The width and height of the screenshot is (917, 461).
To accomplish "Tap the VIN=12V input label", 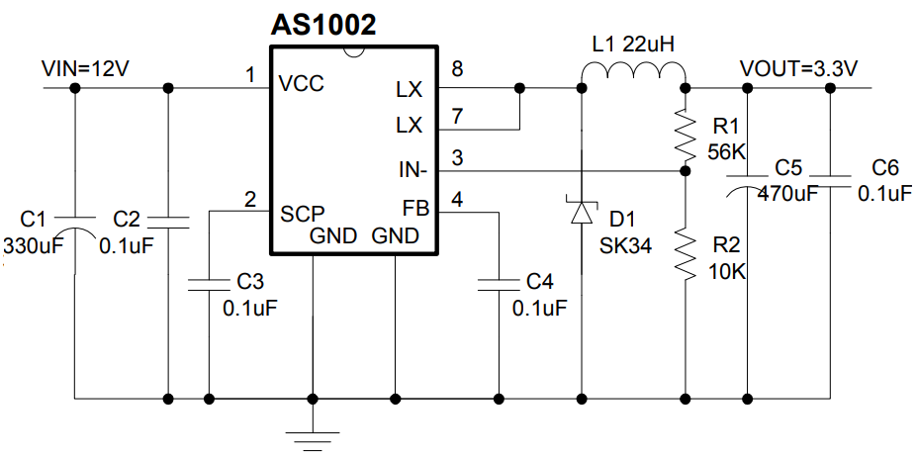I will pyautogui.click(x=86, y=69).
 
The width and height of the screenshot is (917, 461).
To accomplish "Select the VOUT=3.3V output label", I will pyautogui.click(x=798, y=69).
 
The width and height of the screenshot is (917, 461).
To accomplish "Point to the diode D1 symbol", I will pyautogui.click(x=582, y=210).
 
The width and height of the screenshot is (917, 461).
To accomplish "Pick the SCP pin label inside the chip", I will pyautogui.click(x=302, y=213).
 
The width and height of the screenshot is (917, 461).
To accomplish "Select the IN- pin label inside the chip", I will pyautogui.click(x=412, y=170).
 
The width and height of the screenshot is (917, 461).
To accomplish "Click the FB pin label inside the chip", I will pyautogui.click(x=413, y=209).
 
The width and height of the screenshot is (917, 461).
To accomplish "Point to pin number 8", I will pyautogui.click(x=456, y=68).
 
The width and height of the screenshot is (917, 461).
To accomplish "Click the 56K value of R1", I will pyautogui.click(x=726, y=151).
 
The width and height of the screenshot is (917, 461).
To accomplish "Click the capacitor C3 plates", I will pyautogui.click(x=210, y=284).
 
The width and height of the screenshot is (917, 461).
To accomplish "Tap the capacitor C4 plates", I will pyautogui.click(x=498, y=284).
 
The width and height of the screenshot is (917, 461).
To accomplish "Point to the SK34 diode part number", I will pyautogui.click(x=625, y=245).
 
